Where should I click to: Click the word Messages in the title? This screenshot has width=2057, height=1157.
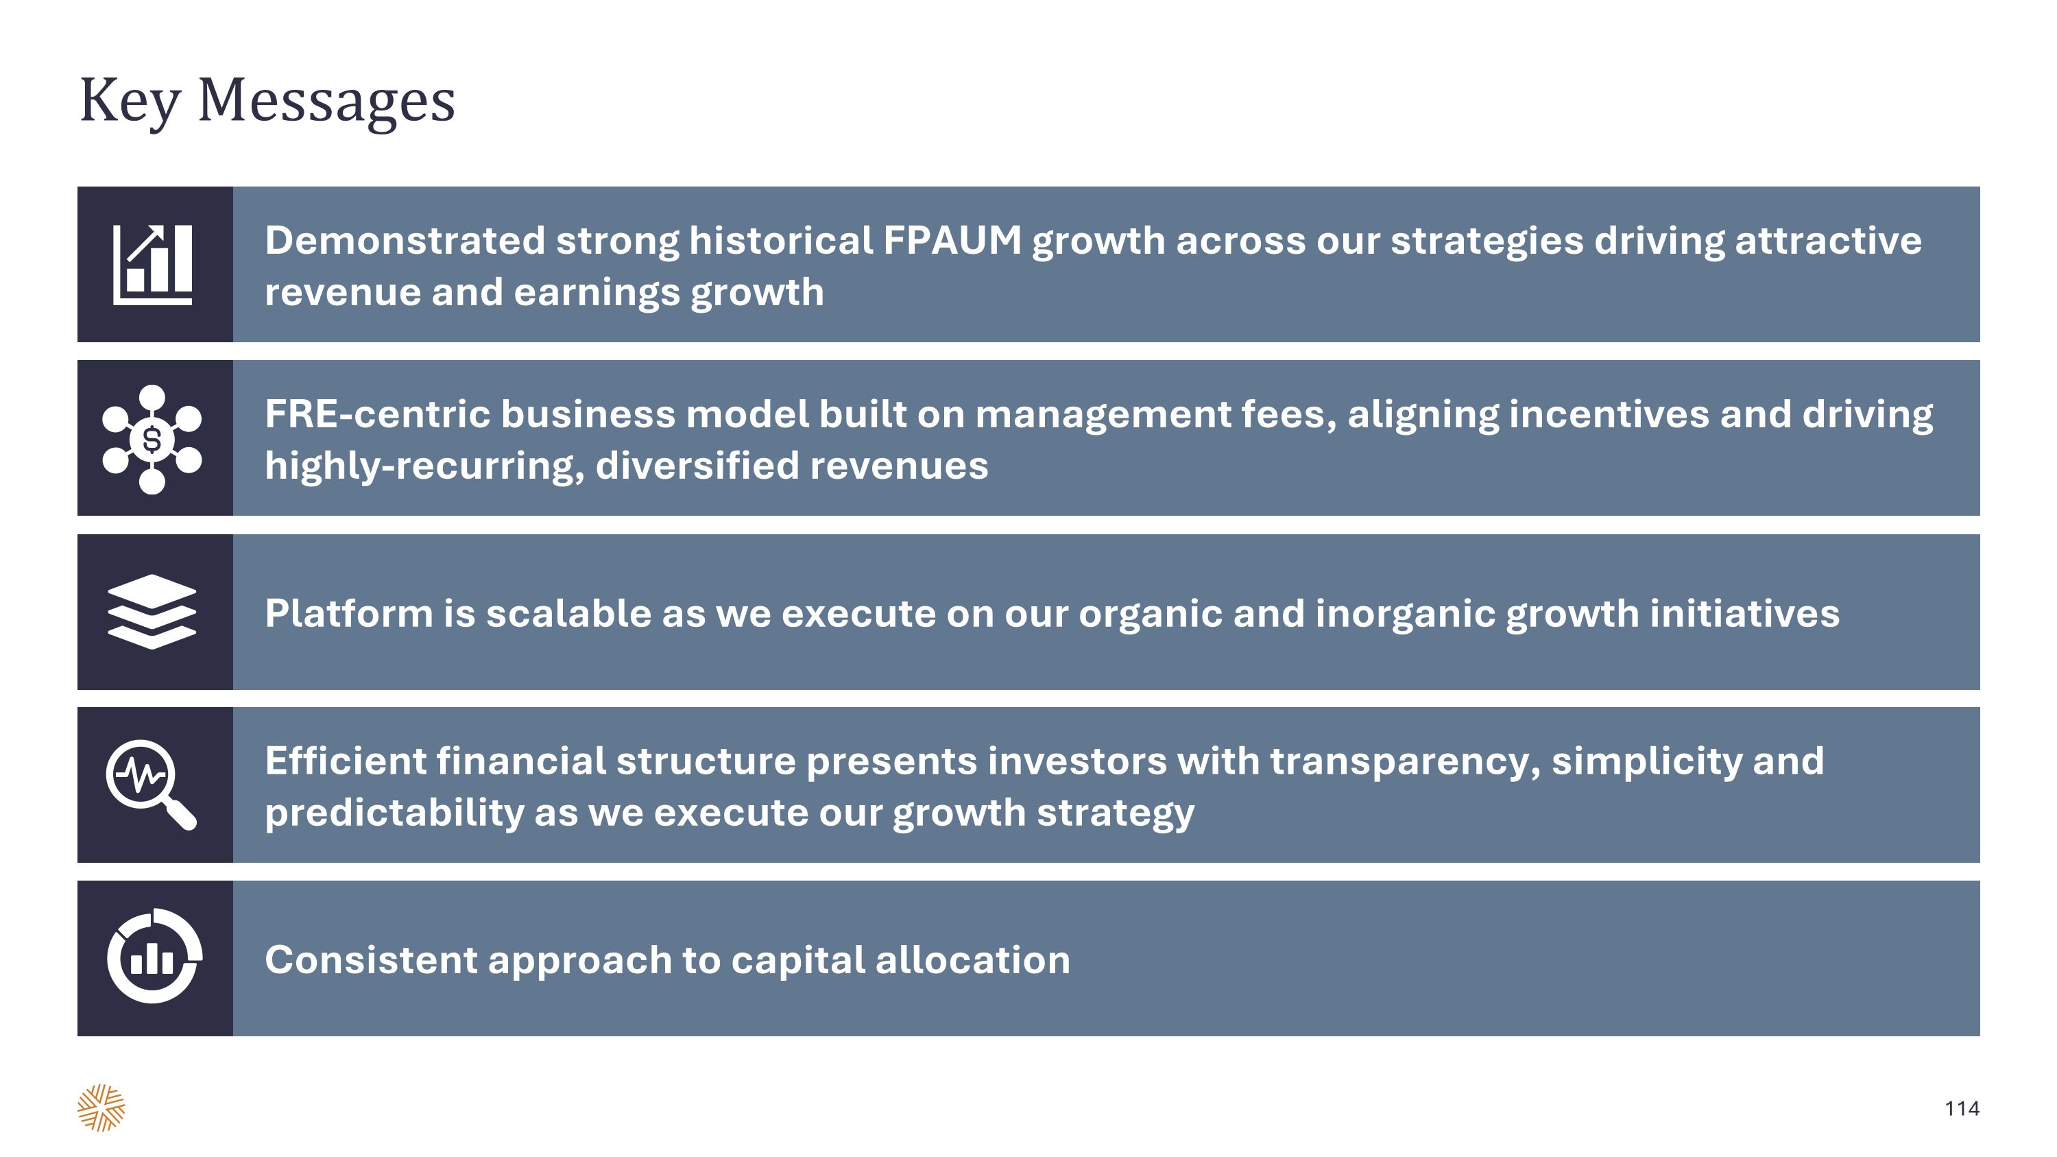point(326,101)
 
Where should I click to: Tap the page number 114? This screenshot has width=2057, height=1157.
point(1961,1108)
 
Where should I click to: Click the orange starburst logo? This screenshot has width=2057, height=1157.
point(101,1108)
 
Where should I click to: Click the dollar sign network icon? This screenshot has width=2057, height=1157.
point(152,439)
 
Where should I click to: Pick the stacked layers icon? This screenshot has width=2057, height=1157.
point(152,612)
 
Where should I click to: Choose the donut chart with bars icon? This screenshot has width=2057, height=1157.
point(154,957)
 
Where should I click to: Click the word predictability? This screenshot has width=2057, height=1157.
point(394,813)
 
